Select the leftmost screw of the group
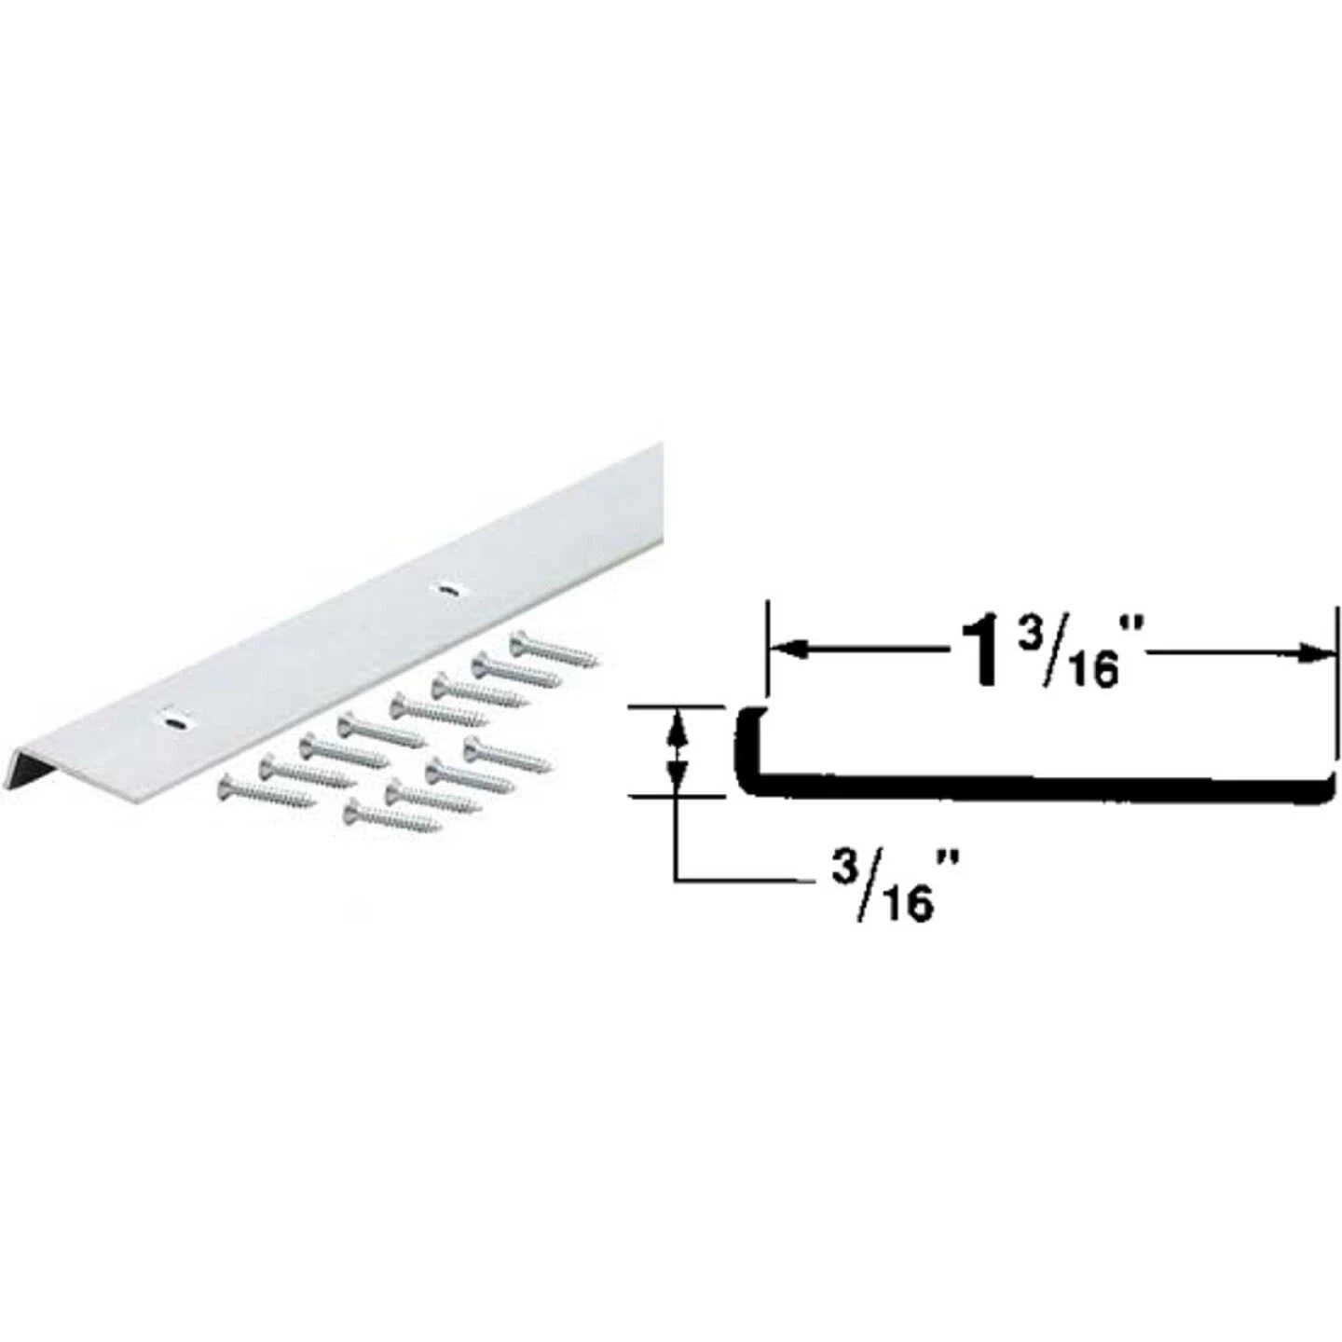click(x=267, y=795)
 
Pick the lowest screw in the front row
click(x=391, y=817)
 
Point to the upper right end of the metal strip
click(x=657, y=452)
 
